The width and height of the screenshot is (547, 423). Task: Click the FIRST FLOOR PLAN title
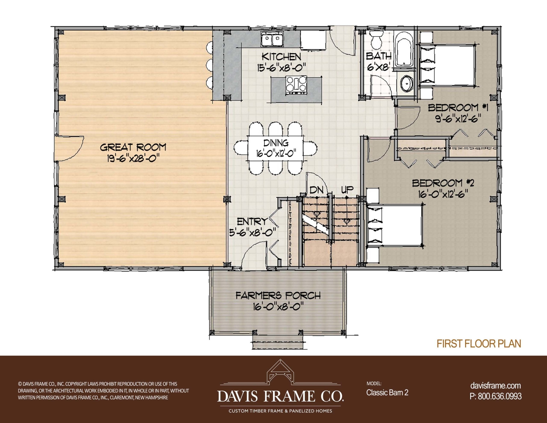click(479, 343)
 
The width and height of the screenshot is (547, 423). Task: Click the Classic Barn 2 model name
click(387, 392)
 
